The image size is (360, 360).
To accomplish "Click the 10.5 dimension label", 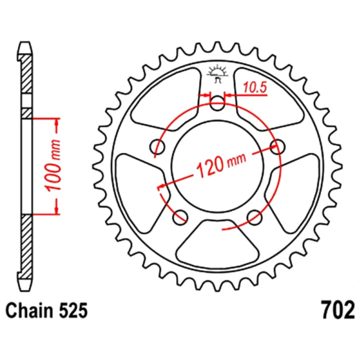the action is pyautogui.click(x=255, y=87).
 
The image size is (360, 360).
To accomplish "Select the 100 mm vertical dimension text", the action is pyautogui.click(x=54, y=165).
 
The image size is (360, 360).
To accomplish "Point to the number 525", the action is pyautogui.click(x=73, y=311).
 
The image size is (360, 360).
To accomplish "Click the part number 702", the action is pyautogui.click(x=338, y=310).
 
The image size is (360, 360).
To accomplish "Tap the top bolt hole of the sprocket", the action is pyautogui.click(x=217, y=103).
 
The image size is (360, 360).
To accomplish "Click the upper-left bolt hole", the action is pyautogui.click(x=157, y=147).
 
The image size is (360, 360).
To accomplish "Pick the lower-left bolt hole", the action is pyautogui.click(x=180, y=217).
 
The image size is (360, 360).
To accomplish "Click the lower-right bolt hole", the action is pyautogui.click(x=255, y=217).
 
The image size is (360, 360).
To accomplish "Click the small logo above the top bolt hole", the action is pyautogui.click(x=217, y=73).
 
